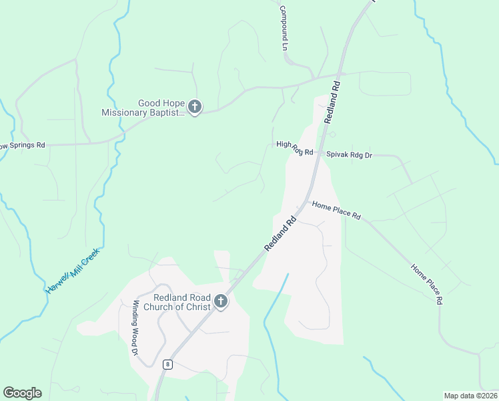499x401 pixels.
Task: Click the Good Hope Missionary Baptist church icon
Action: click(x=195, y=107)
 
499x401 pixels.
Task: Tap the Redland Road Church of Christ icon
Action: click(x=221, y=303)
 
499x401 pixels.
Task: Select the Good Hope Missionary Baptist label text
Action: click(x=142, y=108)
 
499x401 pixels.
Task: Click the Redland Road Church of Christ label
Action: click(x=182, y=302)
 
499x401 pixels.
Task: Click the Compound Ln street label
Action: click(x=283, y=29)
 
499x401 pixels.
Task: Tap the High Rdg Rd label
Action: click(x=294, y=148)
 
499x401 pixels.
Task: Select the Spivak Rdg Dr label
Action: click(x=349, y=154)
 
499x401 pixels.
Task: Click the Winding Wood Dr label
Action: click(x=135, y=327)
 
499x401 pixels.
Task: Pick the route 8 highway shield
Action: click(x=168, y=364)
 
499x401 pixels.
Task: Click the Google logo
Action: click(x=22, y=393)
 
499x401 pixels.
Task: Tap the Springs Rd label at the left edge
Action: click(x=22, y=145)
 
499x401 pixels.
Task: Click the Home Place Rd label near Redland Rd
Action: click(x=336, y=211)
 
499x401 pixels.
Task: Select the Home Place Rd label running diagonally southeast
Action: click(x=428, y=285)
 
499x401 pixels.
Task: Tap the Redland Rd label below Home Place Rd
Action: click(x=280, y=233)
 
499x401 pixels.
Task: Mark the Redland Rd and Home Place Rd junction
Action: click(x=306, y=203)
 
